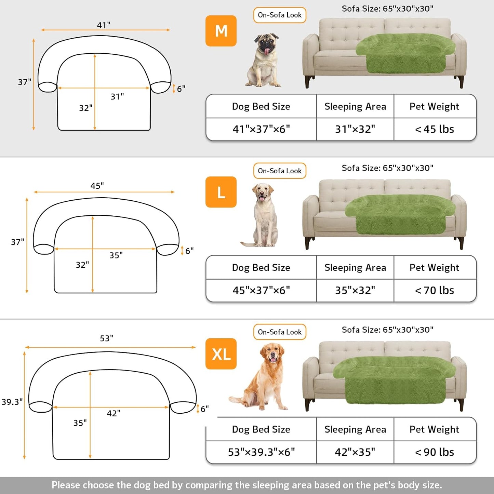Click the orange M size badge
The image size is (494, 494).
click(221, 31)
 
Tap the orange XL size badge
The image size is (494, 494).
click(221, 354)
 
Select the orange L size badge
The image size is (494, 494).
click(221, 192)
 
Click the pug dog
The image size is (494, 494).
click(264, 60)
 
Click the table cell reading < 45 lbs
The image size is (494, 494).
click(435, 129)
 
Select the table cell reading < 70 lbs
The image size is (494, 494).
click(435, 290)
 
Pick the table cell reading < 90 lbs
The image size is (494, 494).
click(435, 452)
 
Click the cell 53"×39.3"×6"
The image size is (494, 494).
click(261, 452)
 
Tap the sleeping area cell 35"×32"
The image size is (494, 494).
click(355, 290)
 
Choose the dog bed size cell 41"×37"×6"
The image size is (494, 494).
click(261, 129)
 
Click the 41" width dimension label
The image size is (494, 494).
click(104, 25)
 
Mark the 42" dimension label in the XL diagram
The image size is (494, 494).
click(114, 413)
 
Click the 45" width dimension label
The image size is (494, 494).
click(97, 186)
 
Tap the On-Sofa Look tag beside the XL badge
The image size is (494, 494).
click(280, 332)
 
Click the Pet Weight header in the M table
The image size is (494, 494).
click(434, 106)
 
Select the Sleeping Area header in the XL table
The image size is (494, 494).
click(355, 429)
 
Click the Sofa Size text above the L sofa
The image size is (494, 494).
click(387, 168)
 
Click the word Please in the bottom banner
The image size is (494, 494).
click(66, 485)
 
